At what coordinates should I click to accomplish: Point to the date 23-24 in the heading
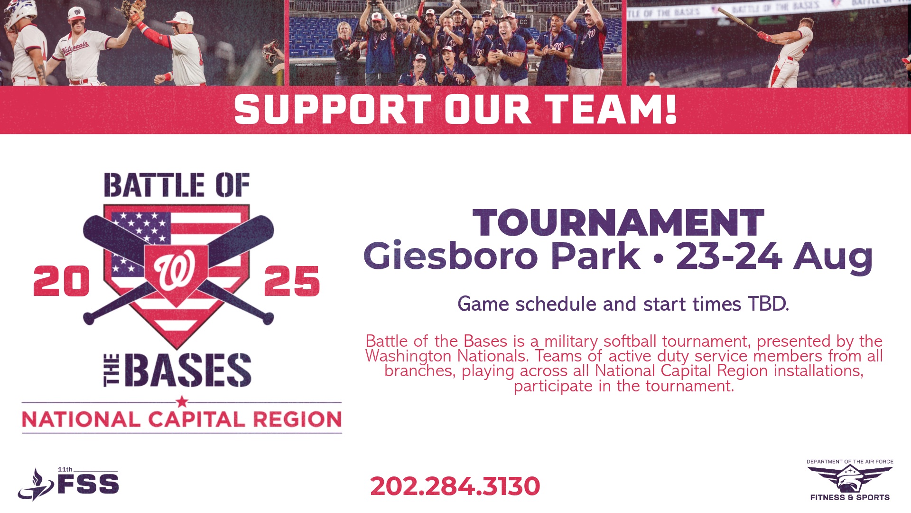729,256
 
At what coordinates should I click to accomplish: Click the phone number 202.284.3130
455,486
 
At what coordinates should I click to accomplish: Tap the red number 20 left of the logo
62,281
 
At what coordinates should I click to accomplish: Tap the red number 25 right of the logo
292,281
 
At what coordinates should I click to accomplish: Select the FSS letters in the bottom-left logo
88,484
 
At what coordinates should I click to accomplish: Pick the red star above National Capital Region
182,402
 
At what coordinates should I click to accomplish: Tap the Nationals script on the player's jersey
76,48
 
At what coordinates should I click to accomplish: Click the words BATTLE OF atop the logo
177,185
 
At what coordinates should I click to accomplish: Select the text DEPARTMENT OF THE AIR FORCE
850,461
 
